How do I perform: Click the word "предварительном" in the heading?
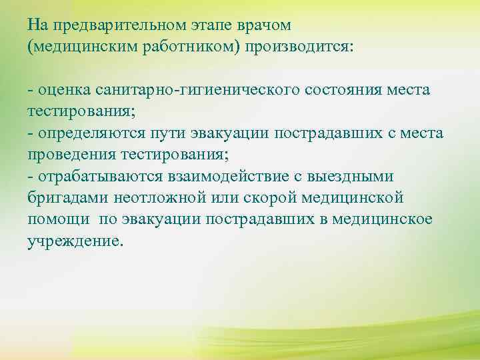118,26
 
